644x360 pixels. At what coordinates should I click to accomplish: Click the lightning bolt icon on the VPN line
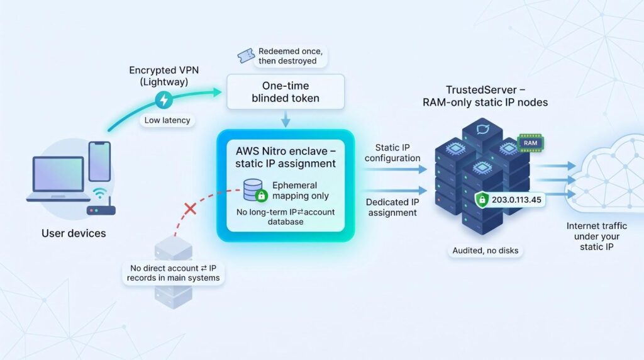tap(164, 99)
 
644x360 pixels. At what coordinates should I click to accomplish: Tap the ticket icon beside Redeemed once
tap(246, 56)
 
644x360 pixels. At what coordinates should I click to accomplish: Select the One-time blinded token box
tap(286, 92)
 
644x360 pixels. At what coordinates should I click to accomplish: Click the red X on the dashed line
tap(190, 208)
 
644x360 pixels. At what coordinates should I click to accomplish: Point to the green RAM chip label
tap(530, 143)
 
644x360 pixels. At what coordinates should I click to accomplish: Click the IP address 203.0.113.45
tap(516, 200)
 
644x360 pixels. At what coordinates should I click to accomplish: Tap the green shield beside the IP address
tap(482, 200)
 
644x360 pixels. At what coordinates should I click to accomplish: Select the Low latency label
tap(167, 120)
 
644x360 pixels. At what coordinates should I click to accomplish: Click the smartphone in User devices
tap(99, 161)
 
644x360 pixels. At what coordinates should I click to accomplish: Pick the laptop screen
tap(58, 174)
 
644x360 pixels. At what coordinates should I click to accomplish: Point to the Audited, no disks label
tap(485, 250)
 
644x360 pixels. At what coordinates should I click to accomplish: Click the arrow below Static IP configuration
tap(395, 169)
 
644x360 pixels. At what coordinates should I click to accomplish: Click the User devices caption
tap(74, 233)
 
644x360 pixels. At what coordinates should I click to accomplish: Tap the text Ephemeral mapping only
tap(301, 191)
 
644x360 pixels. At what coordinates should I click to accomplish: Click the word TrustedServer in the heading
tap(481, 89)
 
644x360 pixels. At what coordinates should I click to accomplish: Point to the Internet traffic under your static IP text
tap(596, 236)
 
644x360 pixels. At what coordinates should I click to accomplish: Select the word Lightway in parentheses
tap(164, 82)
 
